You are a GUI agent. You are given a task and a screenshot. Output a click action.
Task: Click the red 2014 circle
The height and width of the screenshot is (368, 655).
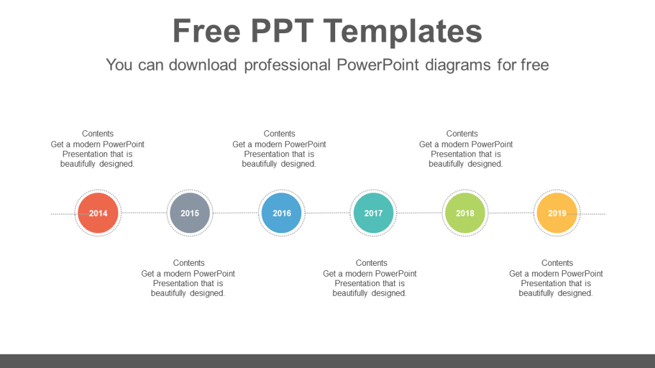point(98,213)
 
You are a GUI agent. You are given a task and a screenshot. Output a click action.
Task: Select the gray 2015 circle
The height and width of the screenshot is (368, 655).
point(190,213)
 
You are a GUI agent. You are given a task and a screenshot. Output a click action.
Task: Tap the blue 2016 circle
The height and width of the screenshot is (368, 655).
point(281,213)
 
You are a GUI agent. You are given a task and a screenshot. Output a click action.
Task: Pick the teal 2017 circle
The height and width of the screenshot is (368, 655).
point(374,213)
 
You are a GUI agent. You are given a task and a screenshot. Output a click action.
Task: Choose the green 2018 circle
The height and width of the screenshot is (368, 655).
point(465,213)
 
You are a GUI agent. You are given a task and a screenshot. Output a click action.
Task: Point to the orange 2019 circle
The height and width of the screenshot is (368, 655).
point(557,213)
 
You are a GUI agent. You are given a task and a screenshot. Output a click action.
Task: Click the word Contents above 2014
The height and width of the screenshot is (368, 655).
point(98,134)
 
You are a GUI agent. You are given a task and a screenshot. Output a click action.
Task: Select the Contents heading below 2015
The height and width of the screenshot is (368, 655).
point(189,263)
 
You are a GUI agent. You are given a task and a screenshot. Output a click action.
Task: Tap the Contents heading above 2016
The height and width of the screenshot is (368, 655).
point(280,134)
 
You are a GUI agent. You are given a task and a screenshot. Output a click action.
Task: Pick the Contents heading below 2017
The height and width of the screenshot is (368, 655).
point(372,263)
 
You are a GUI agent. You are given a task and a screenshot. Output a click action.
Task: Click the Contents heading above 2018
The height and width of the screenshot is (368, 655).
point(462,134)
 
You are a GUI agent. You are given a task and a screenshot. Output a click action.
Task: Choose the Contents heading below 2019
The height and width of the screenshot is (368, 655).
point(557,263)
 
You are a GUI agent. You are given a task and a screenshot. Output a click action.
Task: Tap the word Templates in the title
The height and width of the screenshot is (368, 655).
point(403,31)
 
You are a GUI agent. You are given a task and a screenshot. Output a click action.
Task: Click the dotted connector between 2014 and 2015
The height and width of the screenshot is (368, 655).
point(144,213)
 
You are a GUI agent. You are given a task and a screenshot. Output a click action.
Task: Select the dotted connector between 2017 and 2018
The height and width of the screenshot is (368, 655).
point(419,213)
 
